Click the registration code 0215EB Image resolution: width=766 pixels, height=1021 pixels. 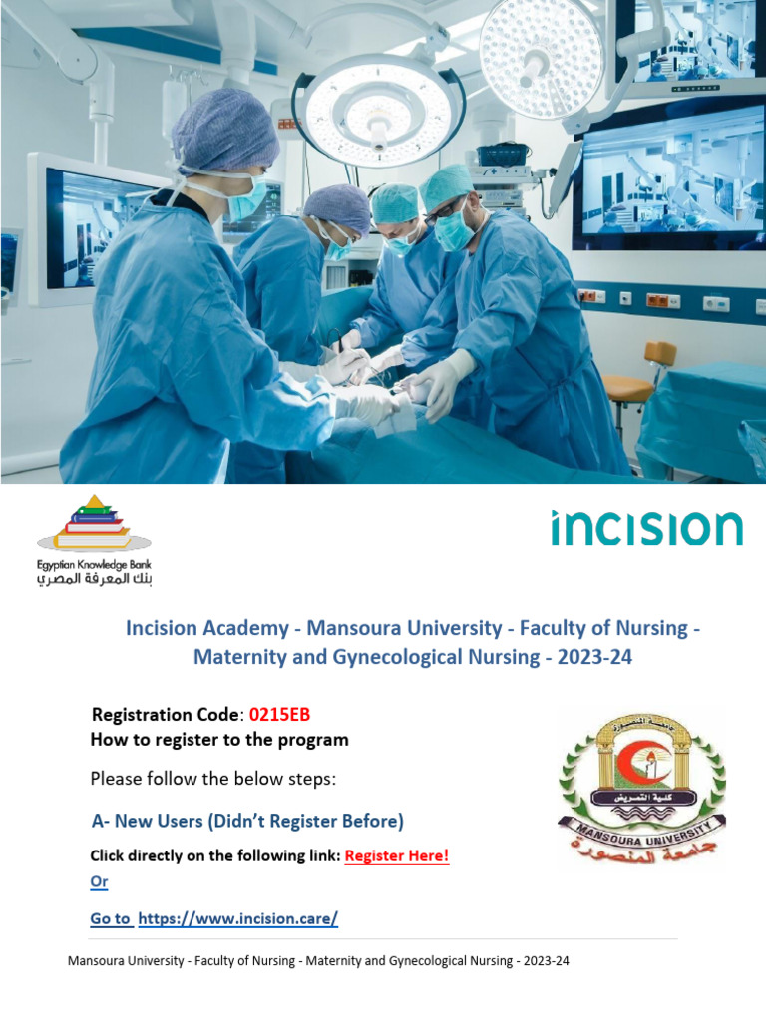(286, 715)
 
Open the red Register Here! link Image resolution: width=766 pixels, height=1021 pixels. (397, 855)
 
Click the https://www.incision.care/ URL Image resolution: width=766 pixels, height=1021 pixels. (238, 918)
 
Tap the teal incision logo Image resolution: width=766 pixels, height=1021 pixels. (646, 528)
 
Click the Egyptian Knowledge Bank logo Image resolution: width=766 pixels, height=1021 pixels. (94, 539)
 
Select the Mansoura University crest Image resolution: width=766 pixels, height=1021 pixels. (641, 789)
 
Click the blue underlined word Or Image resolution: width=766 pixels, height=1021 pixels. (99, 881)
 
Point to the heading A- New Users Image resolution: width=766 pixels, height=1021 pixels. (247, 821)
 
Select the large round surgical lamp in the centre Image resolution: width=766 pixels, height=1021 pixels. (378, 110)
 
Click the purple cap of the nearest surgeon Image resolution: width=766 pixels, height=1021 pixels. (224, 130)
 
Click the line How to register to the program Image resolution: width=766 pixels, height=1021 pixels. (219, 740)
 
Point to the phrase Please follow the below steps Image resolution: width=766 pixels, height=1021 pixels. (213, 778)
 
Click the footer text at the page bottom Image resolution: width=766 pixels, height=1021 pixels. (318, 961)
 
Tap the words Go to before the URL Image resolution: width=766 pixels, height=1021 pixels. (110, 918)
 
